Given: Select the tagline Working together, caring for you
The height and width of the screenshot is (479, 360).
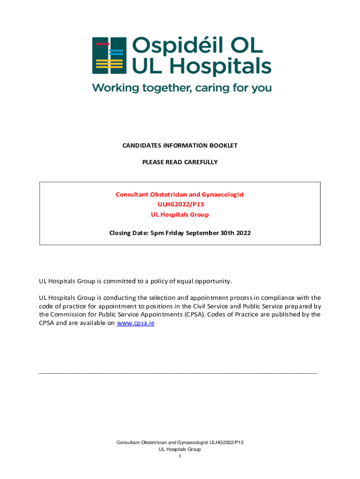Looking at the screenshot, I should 181,88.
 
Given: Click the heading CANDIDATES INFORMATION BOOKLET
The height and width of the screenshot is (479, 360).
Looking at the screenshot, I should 180,145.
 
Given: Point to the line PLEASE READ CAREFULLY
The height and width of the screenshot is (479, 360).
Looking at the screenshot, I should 180,162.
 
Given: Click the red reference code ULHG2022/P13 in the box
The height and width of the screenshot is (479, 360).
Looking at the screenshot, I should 180,204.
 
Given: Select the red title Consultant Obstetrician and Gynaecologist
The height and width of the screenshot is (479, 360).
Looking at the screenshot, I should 180,194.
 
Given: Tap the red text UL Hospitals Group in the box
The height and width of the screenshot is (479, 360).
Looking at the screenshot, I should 180,215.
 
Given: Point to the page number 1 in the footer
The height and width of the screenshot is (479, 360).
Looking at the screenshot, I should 180,456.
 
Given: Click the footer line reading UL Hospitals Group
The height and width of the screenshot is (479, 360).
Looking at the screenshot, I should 180,449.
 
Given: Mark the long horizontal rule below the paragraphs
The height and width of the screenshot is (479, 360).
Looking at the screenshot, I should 178,373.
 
